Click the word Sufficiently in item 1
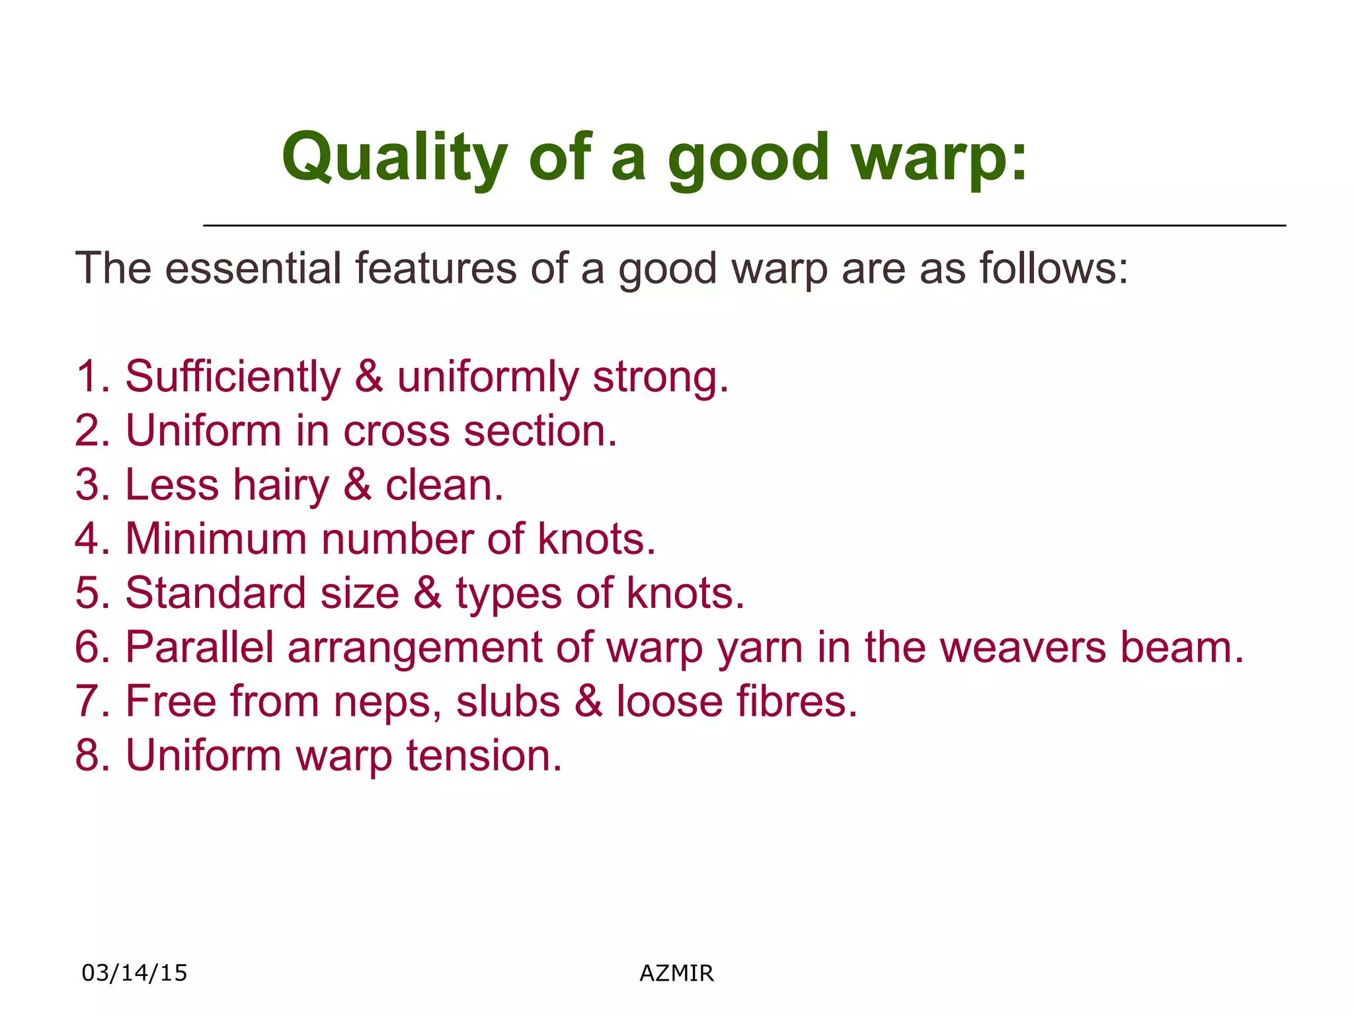point(233,377)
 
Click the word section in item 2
point(539,431)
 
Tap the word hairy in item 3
point(280,485)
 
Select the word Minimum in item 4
point(216,539)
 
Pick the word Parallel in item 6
point(199,647)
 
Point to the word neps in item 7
point(387,701)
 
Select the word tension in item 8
point(483,755)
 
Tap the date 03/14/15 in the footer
point(134,973)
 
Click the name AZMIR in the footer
point(676,973)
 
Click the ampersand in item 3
point(357,485)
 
